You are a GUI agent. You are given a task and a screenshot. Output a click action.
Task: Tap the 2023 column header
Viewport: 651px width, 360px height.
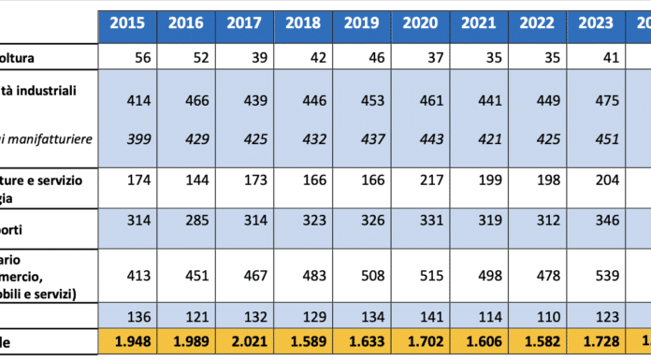(594, 24)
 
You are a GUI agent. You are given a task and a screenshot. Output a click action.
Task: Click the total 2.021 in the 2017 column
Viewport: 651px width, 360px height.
(244, 342)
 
